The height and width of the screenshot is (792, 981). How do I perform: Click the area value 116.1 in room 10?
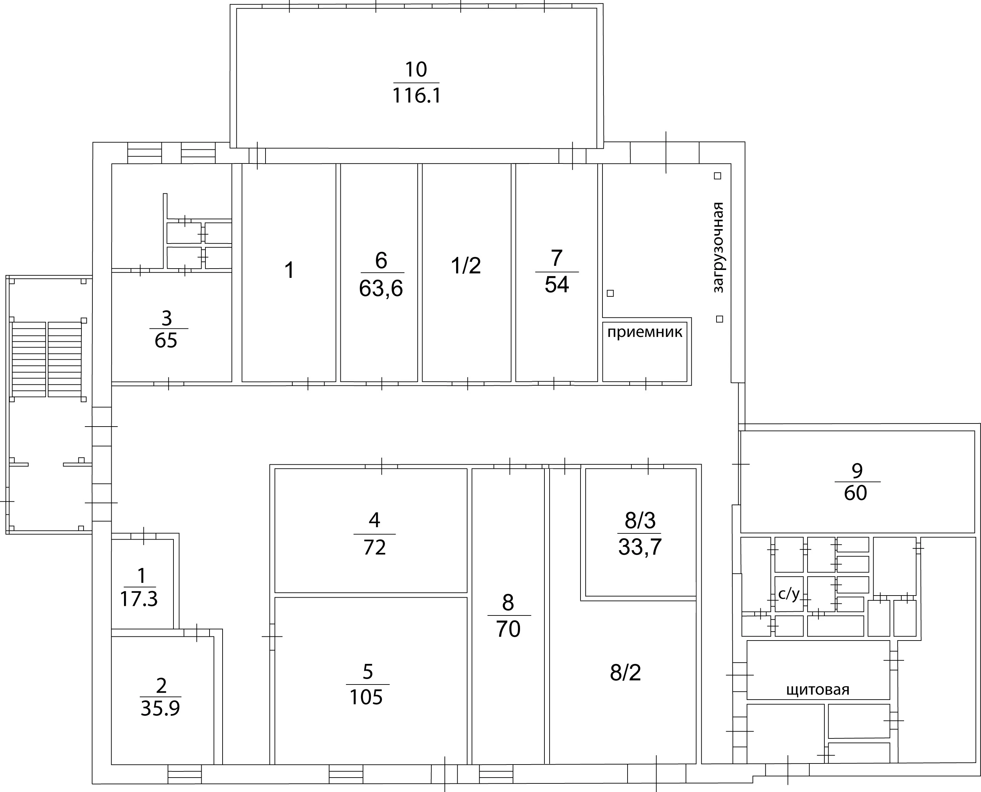pyautogui.click(x=417, y=96)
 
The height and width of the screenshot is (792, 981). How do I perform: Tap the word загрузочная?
pyautogui.click(x=718, y=247)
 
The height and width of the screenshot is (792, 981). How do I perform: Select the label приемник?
pyautogui.click(x=645, y=332)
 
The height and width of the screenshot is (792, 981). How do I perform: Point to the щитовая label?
pyautogui.click(x=817, y=689)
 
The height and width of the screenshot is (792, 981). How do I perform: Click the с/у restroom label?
pyautogui.click(x=789, y=593)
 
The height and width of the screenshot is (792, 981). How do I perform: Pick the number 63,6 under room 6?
pyautogui.click(x=381, y=289)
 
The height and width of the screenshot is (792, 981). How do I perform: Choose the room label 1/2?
pyautogui.click(x=466, y=265)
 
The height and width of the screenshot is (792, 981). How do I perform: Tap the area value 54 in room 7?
pyautogui.click(x=557, y=285)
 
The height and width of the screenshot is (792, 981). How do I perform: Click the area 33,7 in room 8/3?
pyautogui.click(x=640, y=547)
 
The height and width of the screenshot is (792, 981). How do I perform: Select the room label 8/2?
pyautogui.click(x=625, y=672)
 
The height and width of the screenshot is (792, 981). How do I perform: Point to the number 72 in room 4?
pyautogui.click(x=375, y=547)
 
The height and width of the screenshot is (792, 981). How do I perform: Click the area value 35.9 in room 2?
pyautogui.click(x=160, y=709)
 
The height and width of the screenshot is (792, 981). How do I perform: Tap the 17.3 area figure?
pyautogui.click(x=139, y=599)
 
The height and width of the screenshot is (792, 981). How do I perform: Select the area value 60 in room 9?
pyautogui.click(x=856, y=493)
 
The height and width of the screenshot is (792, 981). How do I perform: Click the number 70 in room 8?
pyautogui.click(x=508, y=629)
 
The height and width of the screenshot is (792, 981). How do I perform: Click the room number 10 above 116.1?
pyautogui.click(x=416, y=70)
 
